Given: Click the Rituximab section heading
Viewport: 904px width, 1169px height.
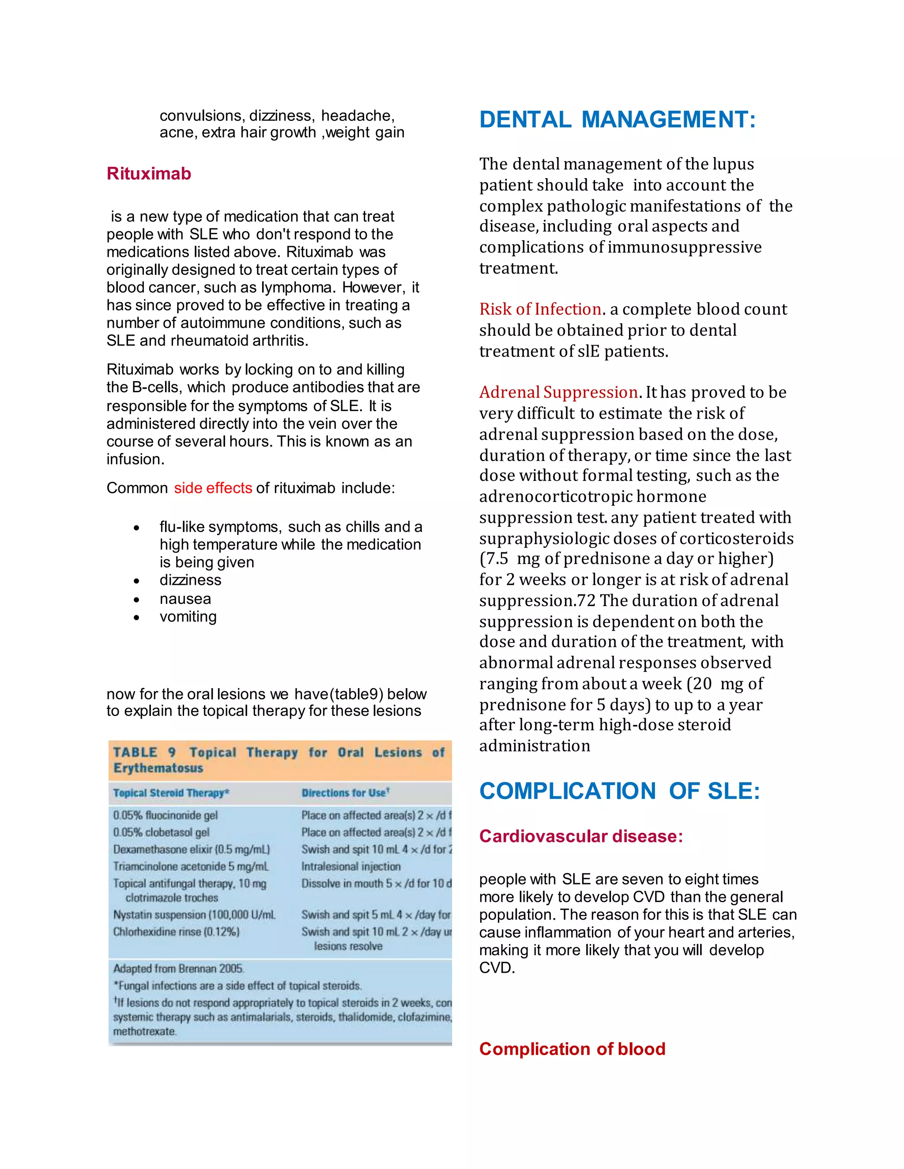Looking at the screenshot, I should coord(148,173).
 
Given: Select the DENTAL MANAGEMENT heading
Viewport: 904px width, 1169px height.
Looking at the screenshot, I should coord(617,120).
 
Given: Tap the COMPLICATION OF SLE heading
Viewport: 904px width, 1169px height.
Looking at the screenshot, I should coord(619,791).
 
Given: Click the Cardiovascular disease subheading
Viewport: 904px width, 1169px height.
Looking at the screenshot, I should coord(580,836).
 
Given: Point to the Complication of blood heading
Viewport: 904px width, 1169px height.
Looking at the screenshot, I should coord(572,1049).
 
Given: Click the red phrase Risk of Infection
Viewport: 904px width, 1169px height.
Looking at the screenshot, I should coord(540,309).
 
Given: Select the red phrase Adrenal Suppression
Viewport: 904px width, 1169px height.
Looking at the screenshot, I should coord(558,392).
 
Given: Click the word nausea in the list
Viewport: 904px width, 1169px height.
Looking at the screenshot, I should coord(185,599).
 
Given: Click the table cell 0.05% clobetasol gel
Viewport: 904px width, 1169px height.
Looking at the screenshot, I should coord(161,832).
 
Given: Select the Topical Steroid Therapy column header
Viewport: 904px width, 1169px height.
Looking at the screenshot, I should coord(171,793).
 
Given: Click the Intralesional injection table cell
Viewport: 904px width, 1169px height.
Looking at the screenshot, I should coord(351,866).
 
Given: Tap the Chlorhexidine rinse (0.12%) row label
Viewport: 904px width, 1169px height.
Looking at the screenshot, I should coord(176,931).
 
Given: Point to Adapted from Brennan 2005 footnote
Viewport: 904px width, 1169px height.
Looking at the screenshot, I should coord(178,968).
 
